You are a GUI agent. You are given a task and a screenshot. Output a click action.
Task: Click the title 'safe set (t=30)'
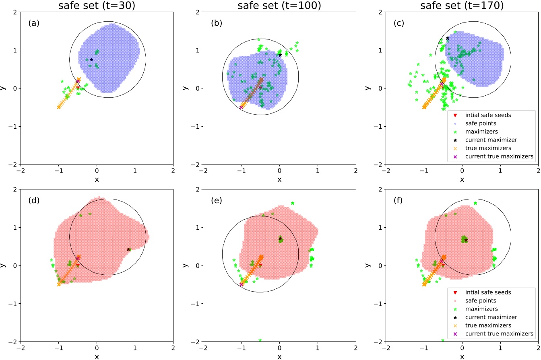pyautogui.click(x=97, y=6)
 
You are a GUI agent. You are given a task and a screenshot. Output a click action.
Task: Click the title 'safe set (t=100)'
pyautogui.click(x=279, y=6)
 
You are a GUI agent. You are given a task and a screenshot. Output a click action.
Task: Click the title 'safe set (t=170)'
pyautogui.click(x=462, y=6)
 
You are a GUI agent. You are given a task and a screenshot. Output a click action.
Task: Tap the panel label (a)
pyautogui.click(x=34, y=23)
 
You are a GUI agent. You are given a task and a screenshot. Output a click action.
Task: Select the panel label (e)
pyautogui.click(x=217, y=201)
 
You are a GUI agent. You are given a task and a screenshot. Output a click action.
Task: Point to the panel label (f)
pyautogui.click(x=399, y=201)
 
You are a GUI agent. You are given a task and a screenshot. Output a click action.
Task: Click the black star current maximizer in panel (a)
pyautogui.click(x=91, y=60)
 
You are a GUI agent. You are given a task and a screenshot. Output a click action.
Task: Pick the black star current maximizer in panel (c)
pyautogui.click(x=447, y=38)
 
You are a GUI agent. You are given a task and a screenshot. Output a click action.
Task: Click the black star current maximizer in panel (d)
pyautogui.click(x=128, y=249)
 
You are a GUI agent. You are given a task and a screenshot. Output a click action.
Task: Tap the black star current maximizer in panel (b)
pyautogui.click(x=280, y=55)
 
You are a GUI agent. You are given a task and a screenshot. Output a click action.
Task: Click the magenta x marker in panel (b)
pyautogui.click(x=242, y=107)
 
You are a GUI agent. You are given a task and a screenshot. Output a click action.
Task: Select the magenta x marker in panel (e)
pyautogui.click(x=242, y=284)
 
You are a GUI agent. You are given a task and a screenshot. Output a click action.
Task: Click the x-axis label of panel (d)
pyautogui.click(x=97, y=357)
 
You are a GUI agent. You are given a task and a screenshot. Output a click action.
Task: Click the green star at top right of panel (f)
pyautogui.click(x=475, y=203)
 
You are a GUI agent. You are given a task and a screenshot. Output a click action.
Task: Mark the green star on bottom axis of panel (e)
pyautogui.click(x=260, y=340)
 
